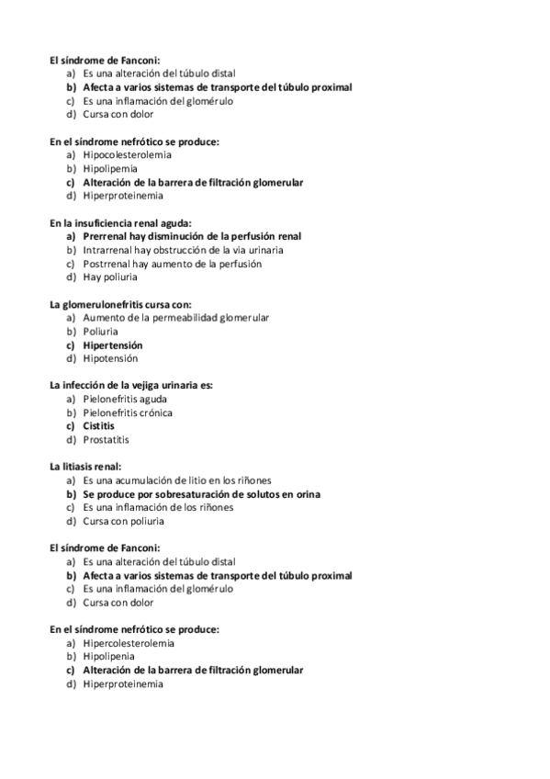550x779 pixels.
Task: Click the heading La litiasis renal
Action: click(85, 467)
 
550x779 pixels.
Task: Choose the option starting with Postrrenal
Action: click(172, 264)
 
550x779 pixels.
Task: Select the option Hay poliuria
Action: click(110, 277)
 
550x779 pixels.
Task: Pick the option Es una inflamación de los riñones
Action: click(158, 507)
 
